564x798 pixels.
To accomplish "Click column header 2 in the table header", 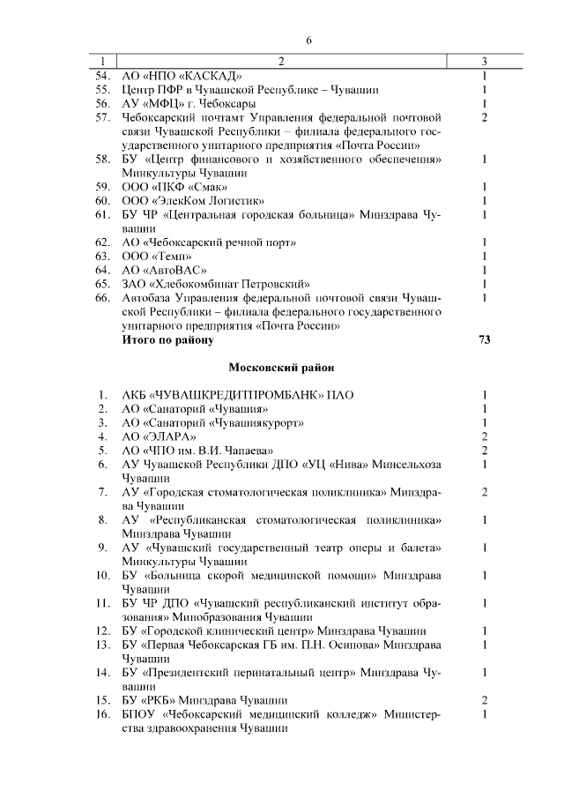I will pyautogui.click(x=282, y=61).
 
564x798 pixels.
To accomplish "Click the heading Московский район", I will pyautogui.click(x=281, y=366).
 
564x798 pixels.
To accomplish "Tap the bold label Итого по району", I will pyautogui.click(x=167, y=339).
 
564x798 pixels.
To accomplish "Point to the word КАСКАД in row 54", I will pyautogui.click(x=204, y=75).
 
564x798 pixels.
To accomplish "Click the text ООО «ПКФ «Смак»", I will pyautogui.click(x=174, y=187).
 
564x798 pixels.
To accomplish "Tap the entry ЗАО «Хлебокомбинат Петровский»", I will pyautogui.click(x=216, y=283).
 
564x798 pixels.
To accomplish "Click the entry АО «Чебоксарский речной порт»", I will pyautogui.click(x=209, y=242).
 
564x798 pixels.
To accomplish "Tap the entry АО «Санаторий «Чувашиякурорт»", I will pyautogui.click(x=212, y=422).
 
